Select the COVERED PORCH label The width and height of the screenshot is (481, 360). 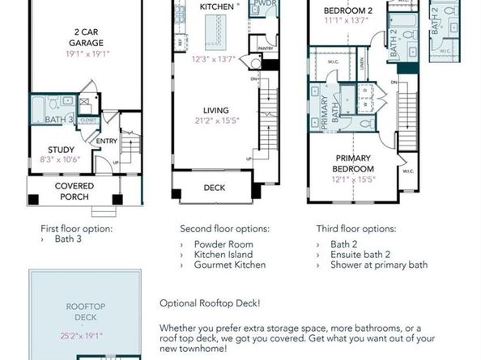click(x=74, y=192)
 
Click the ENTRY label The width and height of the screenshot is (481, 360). click(x=106, y=142)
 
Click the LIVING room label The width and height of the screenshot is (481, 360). click(x=216, y=111)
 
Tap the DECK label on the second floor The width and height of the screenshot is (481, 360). click(x=214, y=188)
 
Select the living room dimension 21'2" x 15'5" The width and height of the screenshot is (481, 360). click(x=216, y=122)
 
